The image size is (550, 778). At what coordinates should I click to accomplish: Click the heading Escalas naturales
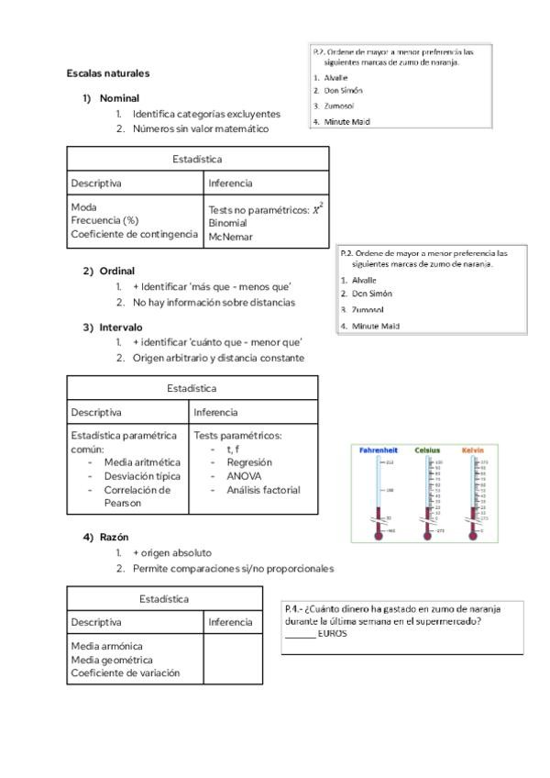pyautogui.click(x=108, y=72)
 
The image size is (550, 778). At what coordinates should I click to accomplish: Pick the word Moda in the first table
pyautogui.click(x=83, y=207)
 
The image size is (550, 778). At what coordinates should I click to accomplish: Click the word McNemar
pyautogui.click(x=229, y=237)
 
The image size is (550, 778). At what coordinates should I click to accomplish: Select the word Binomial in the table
pyautogui.click(x=227, y=223)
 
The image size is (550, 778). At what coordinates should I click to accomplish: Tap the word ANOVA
pyautogui.click(x=244, y=476)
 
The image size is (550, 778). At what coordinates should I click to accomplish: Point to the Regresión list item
pyautogui.click(x=249, y=462)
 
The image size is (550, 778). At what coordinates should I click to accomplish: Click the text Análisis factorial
pyautogui.click(x=263, y=490)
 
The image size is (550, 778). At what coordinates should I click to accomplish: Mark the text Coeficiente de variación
pyautogui.click(x=125, y=673)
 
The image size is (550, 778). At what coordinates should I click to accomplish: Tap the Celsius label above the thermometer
pyautogui.click(x=427, y=450)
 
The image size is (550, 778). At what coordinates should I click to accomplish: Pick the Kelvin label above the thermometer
pyautogui.click(x=473, y=450)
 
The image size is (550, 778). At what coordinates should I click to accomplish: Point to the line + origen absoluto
pyautogui.click(x=172, y=553)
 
